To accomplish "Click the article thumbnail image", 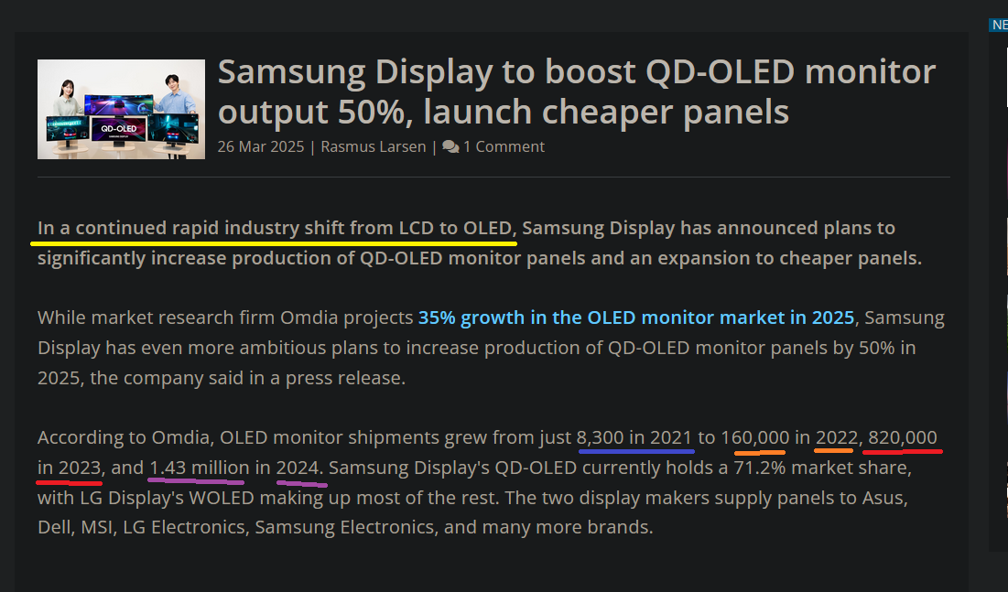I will pyautogui.click(x=121, y=109).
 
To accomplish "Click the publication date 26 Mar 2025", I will pyautogui.click(x=260, y=146).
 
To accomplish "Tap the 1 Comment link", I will pyautogui.click(x=504, y=146).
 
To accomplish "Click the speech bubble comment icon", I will pyautogui.click(x=450, y=146).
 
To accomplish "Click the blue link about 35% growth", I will pyautogui.click(x=636, y=318).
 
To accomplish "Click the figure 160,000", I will pyautogui.click(x=755, y=437).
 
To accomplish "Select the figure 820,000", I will pyautogui.click(x=902, y=437).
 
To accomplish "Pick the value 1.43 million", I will pyautogui.click(x=199, y=468).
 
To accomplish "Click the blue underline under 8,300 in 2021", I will pyautogui.click(x=635, y=451).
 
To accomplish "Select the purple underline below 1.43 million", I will pyautogui.click(x=199, y=479).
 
